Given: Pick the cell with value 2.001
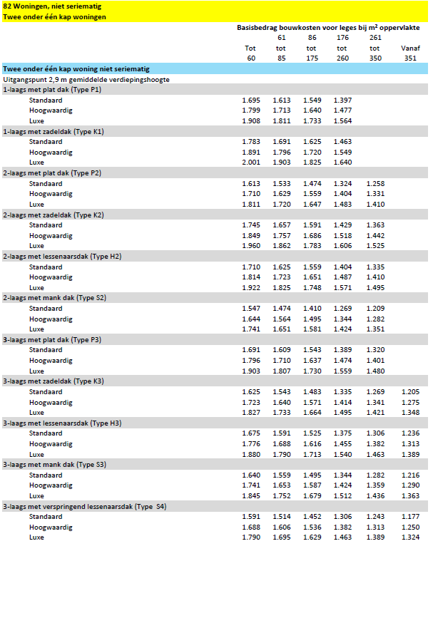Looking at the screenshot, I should (x=251, y=163).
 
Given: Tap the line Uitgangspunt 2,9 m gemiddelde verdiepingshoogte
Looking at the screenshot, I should (x=86, y=80).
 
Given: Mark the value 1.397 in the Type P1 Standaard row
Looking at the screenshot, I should (x=342, y=101).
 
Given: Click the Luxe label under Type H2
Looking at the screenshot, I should (x=37, y=287).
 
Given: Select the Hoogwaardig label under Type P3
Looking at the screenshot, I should (x=51, y=361).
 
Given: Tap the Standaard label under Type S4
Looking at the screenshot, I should (x=46, y=517).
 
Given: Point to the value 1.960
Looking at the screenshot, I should (x=251, y=246).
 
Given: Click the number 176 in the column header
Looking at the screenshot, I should (x=342, y=38).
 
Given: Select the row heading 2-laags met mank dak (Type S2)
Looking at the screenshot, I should (x=55, y=298).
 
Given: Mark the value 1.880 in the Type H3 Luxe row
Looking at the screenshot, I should (x=251, y=454).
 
